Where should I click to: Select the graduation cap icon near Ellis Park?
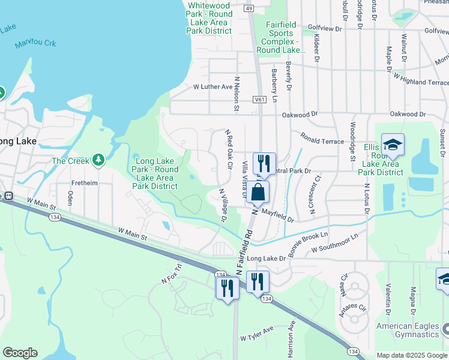(x=393, y=145)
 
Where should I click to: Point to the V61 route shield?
(x=259, y=100)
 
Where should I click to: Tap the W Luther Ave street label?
(x=212, y=87)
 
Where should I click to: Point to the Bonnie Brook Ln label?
(x=308, y=244)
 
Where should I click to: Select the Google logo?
(x=20, y=353)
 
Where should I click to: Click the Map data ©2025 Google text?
(x=412, y=355)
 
